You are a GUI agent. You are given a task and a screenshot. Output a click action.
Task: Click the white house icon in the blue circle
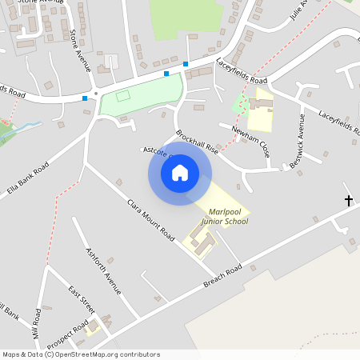pyautogui.click(x=180, y=173)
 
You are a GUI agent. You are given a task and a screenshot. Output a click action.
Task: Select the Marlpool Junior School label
pyautogui.click(x=223, y=216)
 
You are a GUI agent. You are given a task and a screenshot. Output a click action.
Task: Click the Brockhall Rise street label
pyautogui.click(x=198, y=142)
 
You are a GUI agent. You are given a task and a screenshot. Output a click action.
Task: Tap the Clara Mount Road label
pyautogui.click(x=150, y=221)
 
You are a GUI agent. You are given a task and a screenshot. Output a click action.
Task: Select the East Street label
pyautogui.click(x=81, y=299)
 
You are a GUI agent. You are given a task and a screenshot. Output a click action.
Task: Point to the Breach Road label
pyautogui.click(x=222, y=278)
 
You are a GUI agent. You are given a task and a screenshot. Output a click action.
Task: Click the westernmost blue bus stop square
pyautogui.click(x=85, y=98)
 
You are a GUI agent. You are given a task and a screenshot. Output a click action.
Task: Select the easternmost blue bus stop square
pyautogui.click(x=186, y=64)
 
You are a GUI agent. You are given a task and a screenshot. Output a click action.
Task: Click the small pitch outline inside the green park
pyautogui.click(x=123, y=96)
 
